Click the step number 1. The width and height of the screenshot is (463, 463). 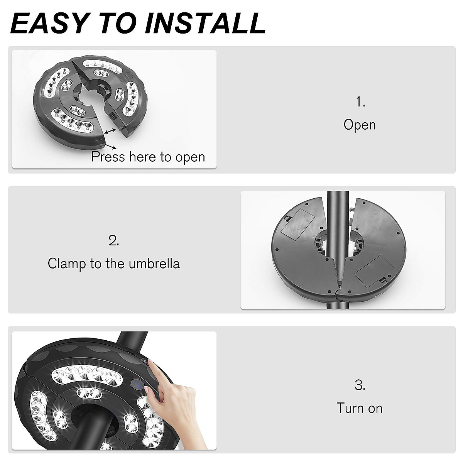coord(360,102)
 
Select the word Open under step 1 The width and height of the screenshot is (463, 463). coord(360,125)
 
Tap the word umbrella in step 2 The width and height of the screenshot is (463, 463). coord(154,264)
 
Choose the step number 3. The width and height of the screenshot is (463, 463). coord(360,385)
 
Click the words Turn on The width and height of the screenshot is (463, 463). coord(360,408)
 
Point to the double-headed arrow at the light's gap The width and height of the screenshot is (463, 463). coord(110,132)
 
